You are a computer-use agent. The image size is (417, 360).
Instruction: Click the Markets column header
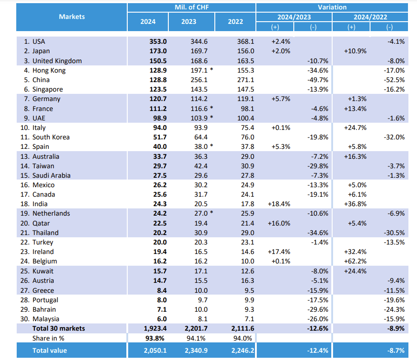71,17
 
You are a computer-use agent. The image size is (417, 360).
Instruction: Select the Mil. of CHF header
191,7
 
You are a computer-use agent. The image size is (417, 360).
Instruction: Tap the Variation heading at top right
332,7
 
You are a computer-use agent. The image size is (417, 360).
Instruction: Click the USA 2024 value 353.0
158,42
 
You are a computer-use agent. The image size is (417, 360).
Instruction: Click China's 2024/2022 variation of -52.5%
396,80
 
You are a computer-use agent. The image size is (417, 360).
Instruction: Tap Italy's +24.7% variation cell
356,128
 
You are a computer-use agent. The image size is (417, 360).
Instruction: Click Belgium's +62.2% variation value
356,261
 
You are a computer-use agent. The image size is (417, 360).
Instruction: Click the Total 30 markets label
59,328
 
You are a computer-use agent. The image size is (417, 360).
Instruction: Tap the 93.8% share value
158,338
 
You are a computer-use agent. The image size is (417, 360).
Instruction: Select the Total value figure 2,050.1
155,350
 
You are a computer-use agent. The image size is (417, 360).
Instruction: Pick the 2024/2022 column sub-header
370,17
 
